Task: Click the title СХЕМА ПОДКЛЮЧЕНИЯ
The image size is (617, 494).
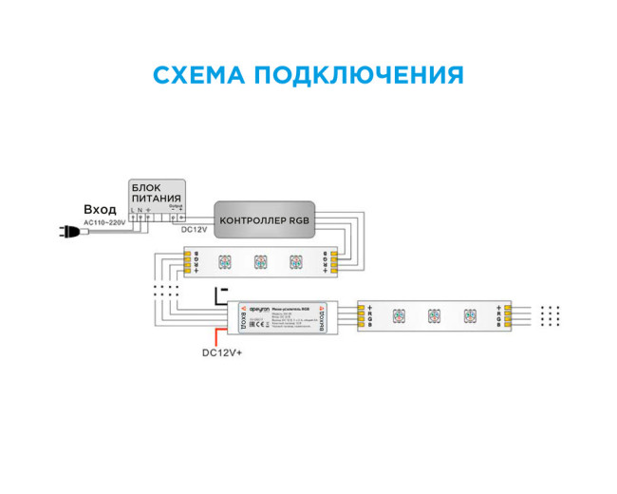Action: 308,75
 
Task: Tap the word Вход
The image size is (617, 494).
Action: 100,209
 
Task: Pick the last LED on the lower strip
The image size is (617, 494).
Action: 469,316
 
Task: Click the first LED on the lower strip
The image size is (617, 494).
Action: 398,316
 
